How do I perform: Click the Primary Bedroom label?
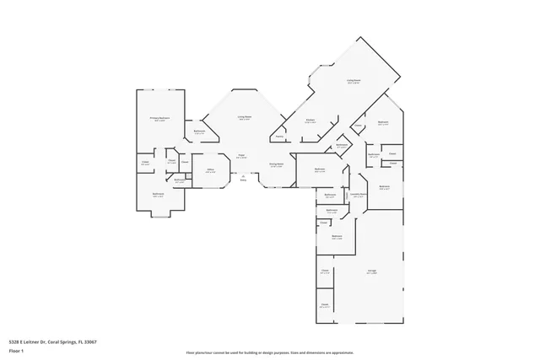pyautogui.click(x=159, y=118)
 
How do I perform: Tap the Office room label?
pyautogui.click(x=210, y=170)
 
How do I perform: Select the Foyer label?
pyautogui.click(x=241, y=155)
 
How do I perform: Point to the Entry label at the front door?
pyautogui.click(x=244, y=180)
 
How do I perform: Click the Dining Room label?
pyautogui.click(x=275, y=164)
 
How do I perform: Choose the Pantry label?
pyautogui.click(x=278, y=137)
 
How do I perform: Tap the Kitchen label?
pyautogui.click(x=310, y=121)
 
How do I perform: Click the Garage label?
pyautogui.click(x=371, y=271)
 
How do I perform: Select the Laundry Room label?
pyautogui.click(x=357, y=194)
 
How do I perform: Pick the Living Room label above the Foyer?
pyautogui.click(x=245, y=117)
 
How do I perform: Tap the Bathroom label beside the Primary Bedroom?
pyautogui.click(x=200, y=131)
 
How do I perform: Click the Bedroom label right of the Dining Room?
pyautogui.click(x=320, y=169)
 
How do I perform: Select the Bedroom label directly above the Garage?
pyautogui.click(x=337, y=236)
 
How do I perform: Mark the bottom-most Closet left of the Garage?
pyautogui.click(x=324, y=304)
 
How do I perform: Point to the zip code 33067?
pyautogui.click(x=89, y=342)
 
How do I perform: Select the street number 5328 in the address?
pyautogui.click(x=13, y=342)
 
